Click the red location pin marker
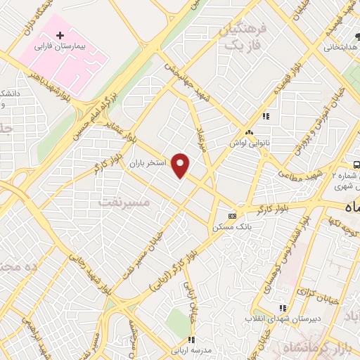pyautogui.click(x=181, y=165)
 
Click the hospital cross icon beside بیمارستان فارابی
pyautogui.click(x=60, y=34)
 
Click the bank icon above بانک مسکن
pyautogui.click(x=233, y=216)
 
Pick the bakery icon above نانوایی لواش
pyautogui.click(x=249, y=132)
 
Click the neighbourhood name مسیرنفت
pyautogui.click(x=124, y=202)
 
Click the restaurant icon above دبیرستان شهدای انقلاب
pyautogui.click(x=283, y=308)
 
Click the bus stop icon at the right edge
pyautogui.click(x=357, y=165)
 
